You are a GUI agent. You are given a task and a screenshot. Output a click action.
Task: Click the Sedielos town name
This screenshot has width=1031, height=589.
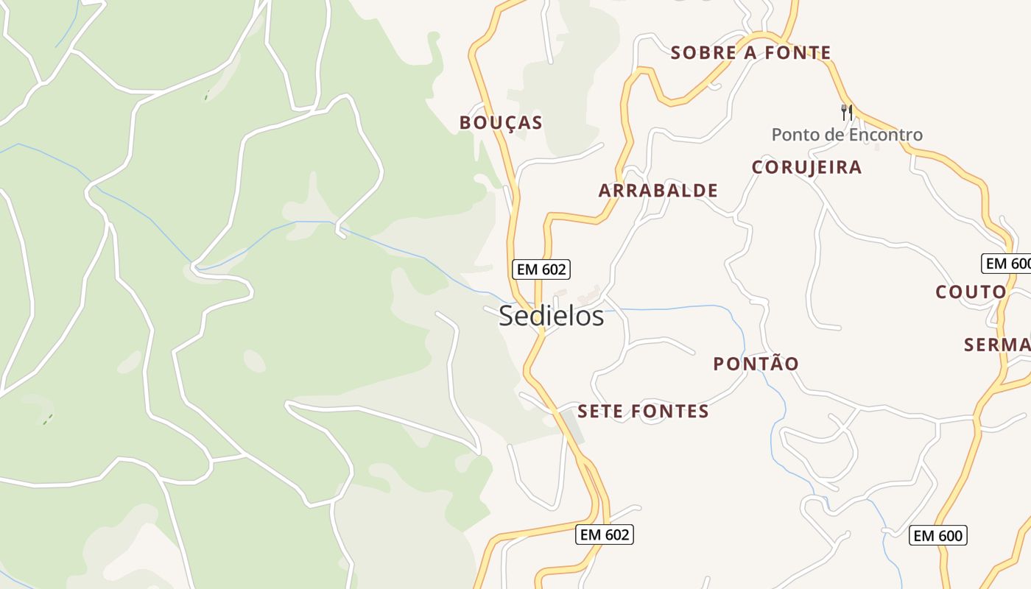(552, 317)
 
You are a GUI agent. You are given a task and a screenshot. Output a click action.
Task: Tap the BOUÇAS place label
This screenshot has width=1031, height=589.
(501, 123)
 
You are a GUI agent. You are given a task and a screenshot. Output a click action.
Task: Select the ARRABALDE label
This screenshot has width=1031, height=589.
(658, 191)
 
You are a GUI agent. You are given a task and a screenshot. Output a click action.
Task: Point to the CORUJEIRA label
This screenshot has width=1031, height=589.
(806, 167)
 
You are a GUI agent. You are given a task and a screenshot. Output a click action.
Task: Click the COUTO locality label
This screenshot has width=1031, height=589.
(971, 292)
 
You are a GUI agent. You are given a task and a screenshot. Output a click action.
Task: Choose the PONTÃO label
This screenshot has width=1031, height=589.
(756, 364)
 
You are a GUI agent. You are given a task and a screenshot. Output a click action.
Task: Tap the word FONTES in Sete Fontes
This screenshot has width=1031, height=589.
(669, 412)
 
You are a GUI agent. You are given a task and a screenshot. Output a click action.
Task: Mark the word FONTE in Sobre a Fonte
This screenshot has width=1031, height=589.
(798, 53)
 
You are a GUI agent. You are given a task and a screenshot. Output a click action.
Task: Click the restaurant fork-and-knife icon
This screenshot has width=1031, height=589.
(847, 112)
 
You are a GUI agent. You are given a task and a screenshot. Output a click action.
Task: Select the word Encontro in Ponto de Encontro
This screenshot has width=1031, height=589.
(885, 135)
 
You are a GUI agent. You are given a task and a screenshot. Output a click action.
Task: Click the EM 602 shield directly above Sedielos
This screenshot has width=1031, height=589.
(541, 269)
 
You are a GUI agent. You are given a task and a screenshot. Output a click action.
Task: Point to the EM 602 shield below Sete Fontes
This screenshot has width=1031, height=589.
(605, 535)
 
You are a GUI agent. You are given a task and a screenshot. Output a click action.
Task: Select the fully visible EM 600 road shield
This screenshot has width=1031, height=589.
(938, 535)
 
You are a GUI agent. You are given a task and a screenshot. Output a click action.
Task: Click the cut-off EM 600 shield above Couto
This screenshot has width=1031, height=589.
(1007, 264)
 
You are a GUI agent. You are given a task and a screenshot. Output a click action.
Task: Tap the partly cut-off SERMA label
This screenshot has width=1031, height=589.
(998, 345)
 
